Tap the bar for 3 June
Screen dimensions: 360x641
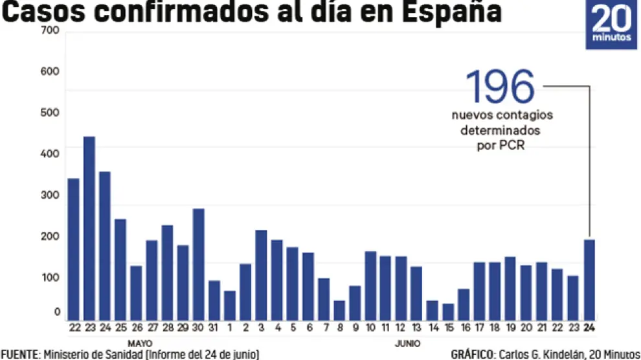click(x=261, y=275)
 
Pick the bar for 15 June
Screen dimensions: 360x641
click(x=448, y=311)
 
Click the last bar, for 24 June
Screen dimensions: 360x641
click(x=589, y=279)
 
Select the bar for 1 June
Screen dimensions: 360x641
click(x=230, y=305)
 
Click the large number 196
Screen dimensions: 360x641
click(x=500, y=87)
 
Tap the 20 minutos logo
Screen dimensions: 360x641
click(x=611, y=25)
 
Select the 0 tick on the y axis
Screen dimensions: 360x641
click(x=56, y=312)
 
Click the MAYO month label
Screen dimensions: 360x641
click(x=140, y=343)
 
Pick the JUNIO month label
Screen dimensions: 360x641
click(x=408, y=343)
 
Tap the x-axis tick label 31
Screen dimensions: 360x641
click(x=214, y=328)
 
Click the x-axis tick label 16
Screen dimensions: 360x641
click(x=464, y=328)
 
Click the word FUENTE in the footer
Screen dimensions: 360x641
click(x=19, y=354)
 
